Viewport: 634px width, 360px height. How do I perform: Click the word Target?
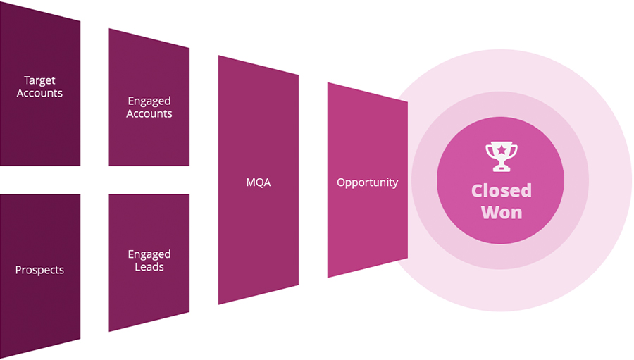coord(39,81)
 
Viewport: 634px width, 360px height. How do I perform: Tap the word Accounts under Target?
coord(39,93)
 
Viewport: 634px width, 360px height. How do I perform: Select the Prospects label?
coord(39,270)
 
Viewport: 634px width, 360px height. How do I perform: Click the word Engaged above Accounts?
coord(149,101)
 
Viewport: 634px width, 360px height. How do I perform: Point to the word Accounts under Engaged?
coord(149,113)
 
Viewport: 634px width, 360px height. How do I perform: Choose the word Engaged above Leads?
coord(149,254)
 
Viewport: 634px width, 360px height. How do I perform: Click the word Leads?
coord(149,267)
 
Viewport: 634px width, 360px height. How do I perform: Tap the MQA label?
coord(258,182)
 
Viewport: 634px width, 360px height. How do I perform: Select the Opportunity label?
coord(367,182)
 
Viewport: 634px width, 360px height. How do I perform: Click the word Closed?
coord(501,191)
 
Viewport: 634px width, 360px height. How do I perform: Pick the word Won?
coord(501,211)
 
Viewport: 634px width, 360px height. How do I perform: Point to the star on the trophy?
coord(501,150)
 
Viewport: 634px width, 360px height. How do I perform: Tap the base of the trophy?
coord(501,168)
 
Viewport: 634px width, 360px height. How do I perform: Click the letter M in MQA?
coord(250,182)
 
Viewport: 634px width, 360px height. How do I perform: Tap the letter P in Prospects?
coord(18,270)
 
